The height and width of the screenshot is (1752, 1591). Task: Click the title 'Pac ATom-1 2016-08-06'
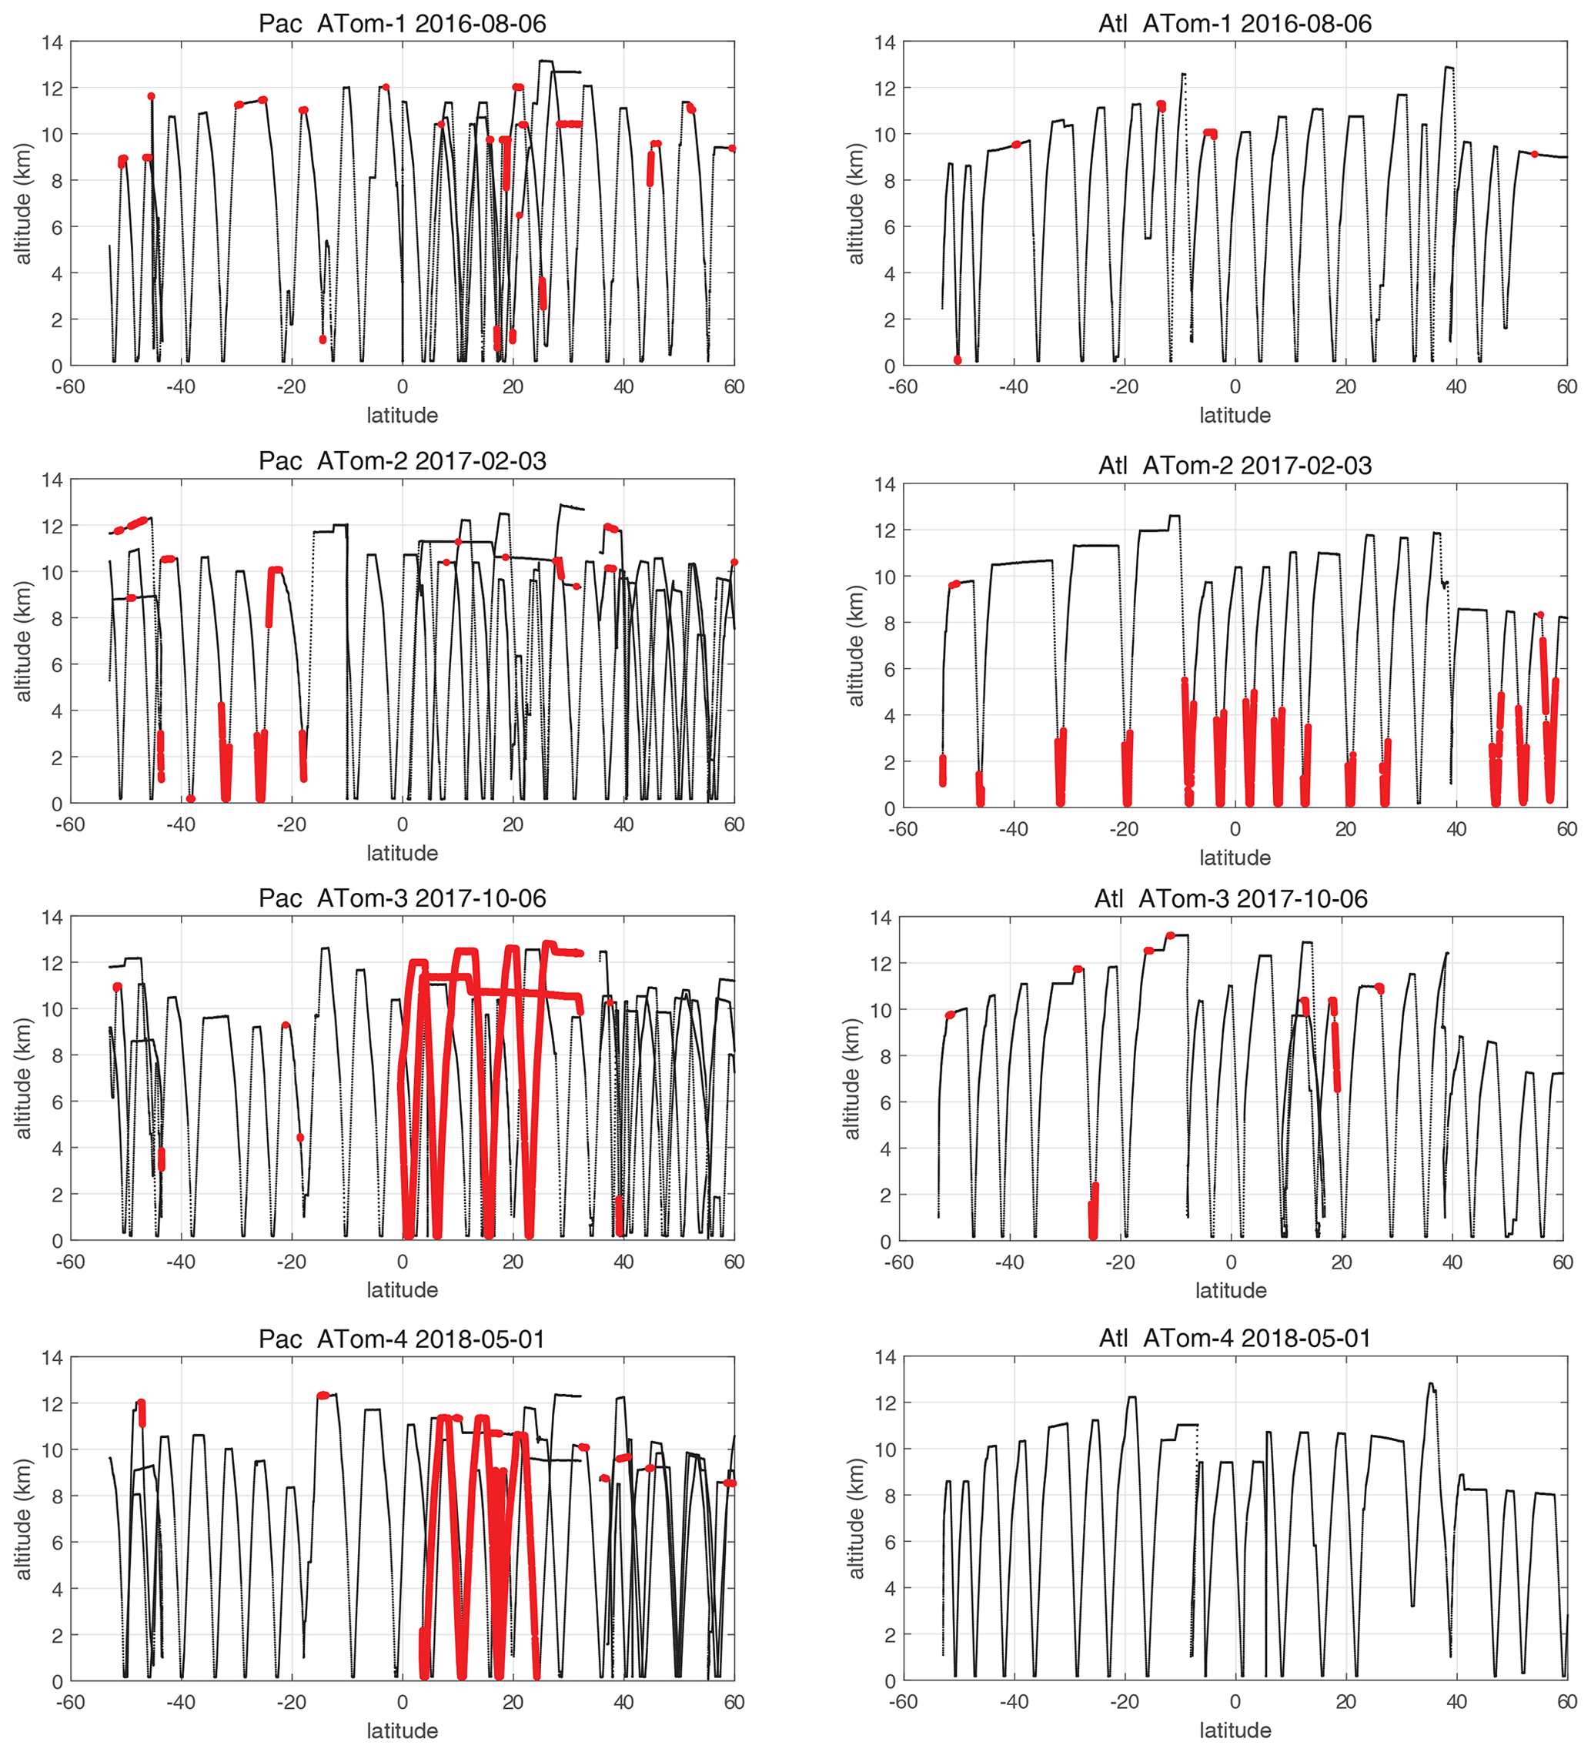point(402,23)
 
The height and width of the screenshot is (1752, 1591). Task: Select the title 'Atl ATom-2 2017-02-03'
point(1234,466)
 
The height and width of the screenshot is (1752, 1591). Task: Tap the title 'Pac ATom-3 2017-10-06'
point(402,898)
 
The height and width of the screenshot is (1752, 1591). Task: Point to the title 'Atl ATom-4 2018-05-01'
point(1234,1339)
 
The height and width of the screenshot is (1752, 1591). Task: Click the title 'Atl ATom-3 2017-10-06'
point(1231,899)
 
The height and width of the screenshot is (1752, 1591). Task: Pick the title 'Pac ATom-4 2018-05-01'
point(402,1339)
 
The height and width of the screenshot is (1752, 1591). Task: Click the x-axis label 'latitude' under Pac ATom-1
point(402,416)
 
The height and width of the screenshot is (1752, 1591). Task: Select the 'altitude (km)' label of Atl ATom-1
point(856,203)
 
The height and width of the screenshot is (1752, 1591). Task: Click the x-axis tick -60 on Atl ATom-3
point(898,1262)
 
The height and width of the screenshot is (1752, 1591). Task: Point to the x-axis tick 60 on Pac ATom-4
point(734,1703)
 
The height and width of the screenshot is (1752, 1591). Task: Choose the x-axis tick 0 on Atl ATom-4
point(1235,1702)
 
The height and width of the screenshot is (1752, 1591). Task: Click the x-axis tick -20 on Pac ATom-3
point(291,1262)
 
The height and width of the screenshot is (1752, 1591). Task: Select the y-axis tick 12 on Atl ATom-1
point(884,89)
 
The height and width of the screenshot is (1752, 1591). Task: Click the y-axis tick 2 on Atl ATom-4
point(890,1635)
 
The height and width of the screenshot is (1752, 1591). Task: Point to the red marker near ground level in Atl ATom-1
point(957,359)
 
